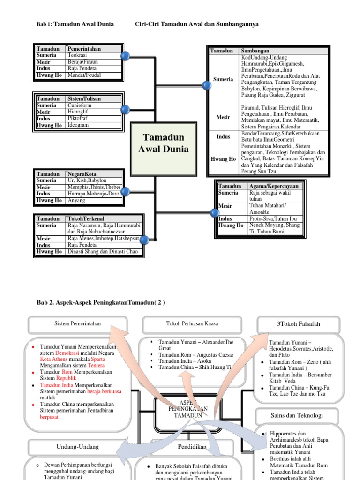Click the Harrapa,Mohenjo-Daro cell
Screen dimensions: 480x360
click(x=93, y=194)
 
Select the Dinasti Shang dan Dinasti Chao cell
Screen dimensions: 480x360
click(x=104, y=252)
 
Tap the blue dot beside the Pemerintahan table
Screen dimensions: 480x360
click(x=125, y=56)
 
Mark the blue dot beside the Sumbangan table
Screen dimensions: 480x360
click(x=207, y=85)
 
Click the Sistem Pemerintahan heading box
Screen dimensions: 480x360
click(x=78, y=323)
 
